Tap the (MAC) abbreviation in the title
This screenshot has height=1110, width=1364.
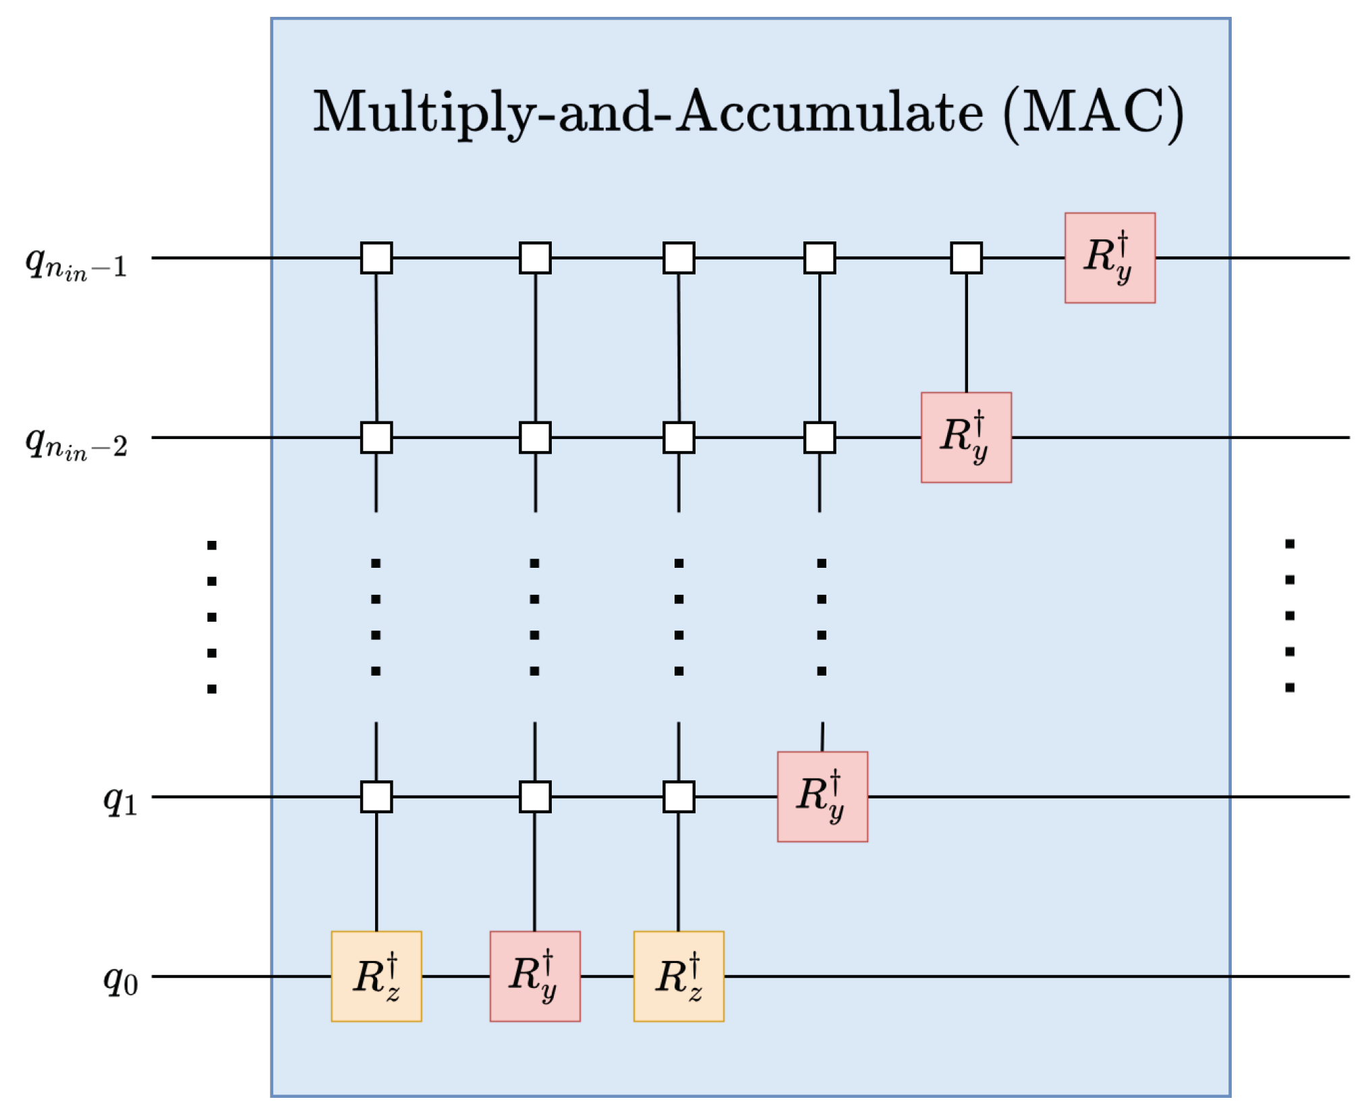[1093, 113]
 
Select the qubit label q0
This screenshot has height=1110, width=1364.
[121, 978]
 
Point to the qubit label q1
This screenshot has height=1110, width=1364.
[121, 800]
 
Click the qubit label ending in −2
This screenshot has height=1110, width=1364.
[76, 442]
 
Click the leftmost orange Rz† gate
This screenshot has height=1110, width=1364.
[376, 976]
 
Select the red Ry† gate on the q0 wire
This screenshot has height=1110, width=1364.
[535, 976]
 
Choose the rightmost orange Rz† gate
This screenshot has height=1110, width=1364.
[679, 976]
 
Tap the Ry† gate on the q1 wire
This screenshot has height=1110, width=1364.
[822, 796]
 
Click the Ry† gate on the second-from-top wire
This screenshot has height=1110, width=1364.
[966, 437]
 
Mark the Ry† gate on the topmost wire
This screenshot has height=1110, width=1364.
[1110, 258]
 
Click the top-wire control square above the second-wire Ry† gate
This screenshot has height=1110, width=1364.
[966, 258]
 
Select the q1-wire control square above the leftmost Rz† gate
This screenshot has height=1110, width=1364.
[376, 796]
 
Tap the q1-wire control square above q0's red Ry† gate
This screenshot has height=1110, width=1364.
[535, 796]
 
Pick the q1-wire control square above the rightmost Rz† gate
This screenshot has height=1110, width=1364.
[679, 796]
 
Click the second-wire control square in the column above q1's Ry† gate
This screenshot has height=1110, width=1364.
[820, 437]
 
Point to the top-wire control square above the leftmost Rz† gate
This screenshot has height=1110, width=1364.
[376, 258]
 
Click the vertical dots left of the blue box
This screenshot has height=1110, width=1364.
[212, 617]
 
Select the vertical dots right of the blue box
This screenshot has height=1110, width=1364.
[1290, 616]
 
